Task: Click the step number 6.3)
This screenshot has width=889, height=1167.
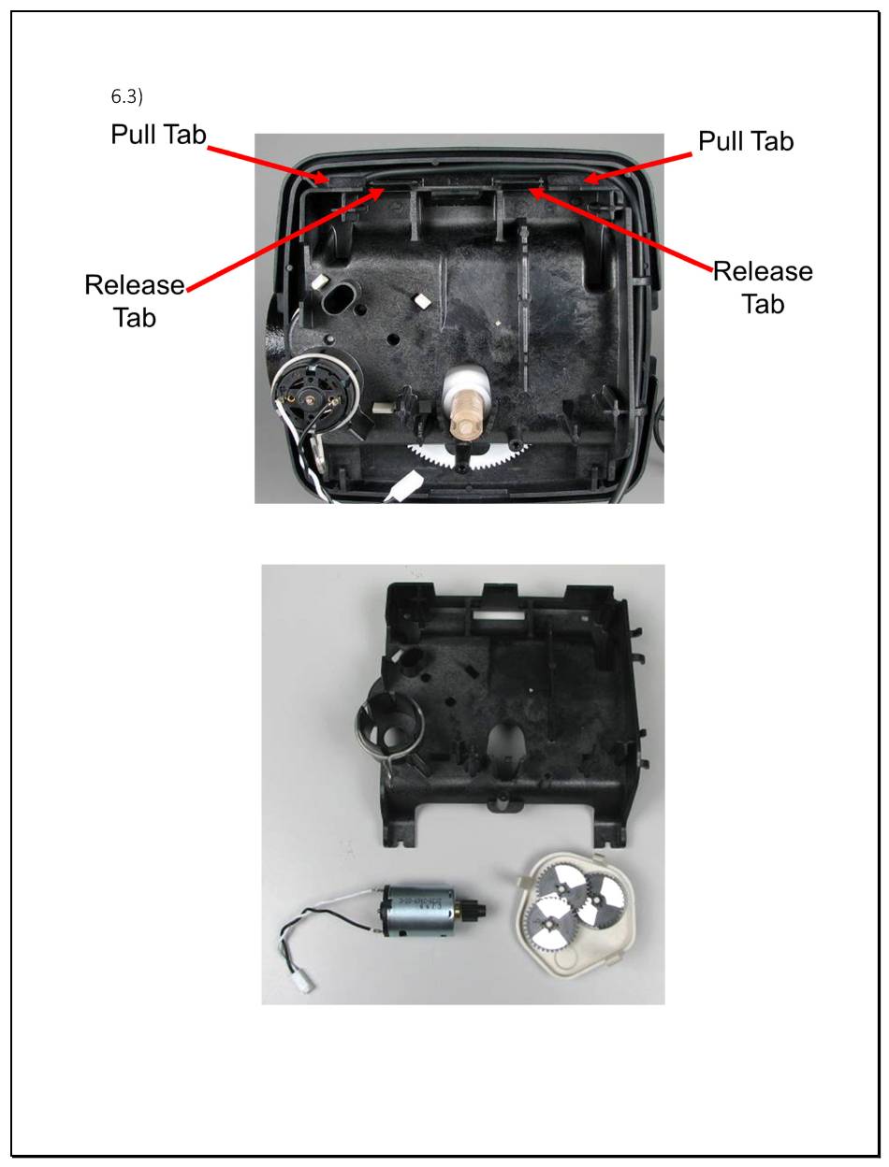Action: click(127, 96)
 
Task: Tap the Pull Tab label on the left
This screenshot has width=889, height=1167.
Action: click(158, 135)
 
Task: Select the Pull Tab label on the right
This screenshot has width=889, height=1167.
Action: click(746, 141)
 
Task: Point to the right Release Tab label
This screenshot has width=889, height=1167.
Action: click(763, 287)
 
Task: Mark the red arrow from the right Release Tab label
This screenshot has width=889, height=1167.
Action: click(621, 230)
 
